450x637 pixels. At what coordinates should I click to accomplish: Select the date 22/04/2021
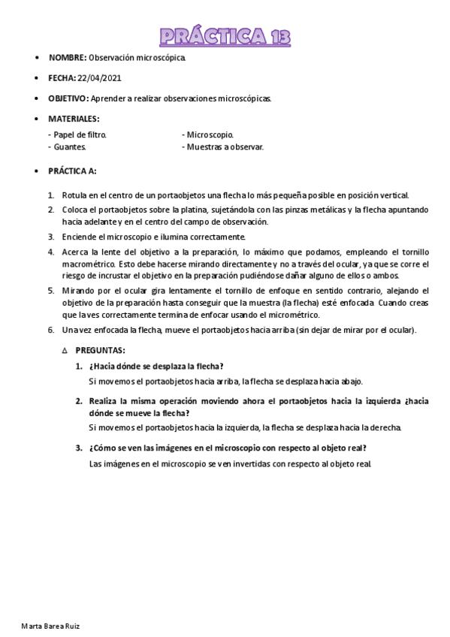click(99, 77)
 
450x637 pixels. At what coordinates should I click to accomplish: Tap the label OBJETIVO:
click(68, 98)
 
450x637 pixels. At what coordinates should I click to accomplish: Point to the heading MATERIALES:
click(74, 119)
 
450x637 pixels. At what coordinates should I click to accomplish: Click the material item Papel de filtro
click(77, 134)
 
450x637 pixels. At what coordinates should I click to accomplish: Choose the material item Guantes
click(68, 147)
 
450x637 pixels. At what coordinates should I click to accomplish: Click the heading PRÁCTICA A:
click(72, 171)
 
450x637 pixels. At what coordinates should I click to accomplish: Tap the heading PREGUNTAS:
click(100, 350)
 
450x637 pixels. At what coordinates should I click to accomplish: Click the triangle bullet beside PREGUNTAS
click(65, 350)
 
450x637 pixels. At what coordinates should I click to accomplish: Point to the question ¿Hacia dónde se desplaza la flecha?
click(156, 366)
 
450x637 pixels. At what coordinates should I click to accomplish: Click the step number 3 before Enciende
click(51, 237)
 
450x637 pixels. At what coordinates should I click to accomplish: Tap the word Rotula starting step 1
click(74, 195)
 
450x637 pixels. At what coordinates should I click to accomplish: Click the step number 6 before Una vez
click(51, 330)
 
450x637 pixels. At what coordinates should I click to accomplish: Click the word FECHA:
click(62, 77)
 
